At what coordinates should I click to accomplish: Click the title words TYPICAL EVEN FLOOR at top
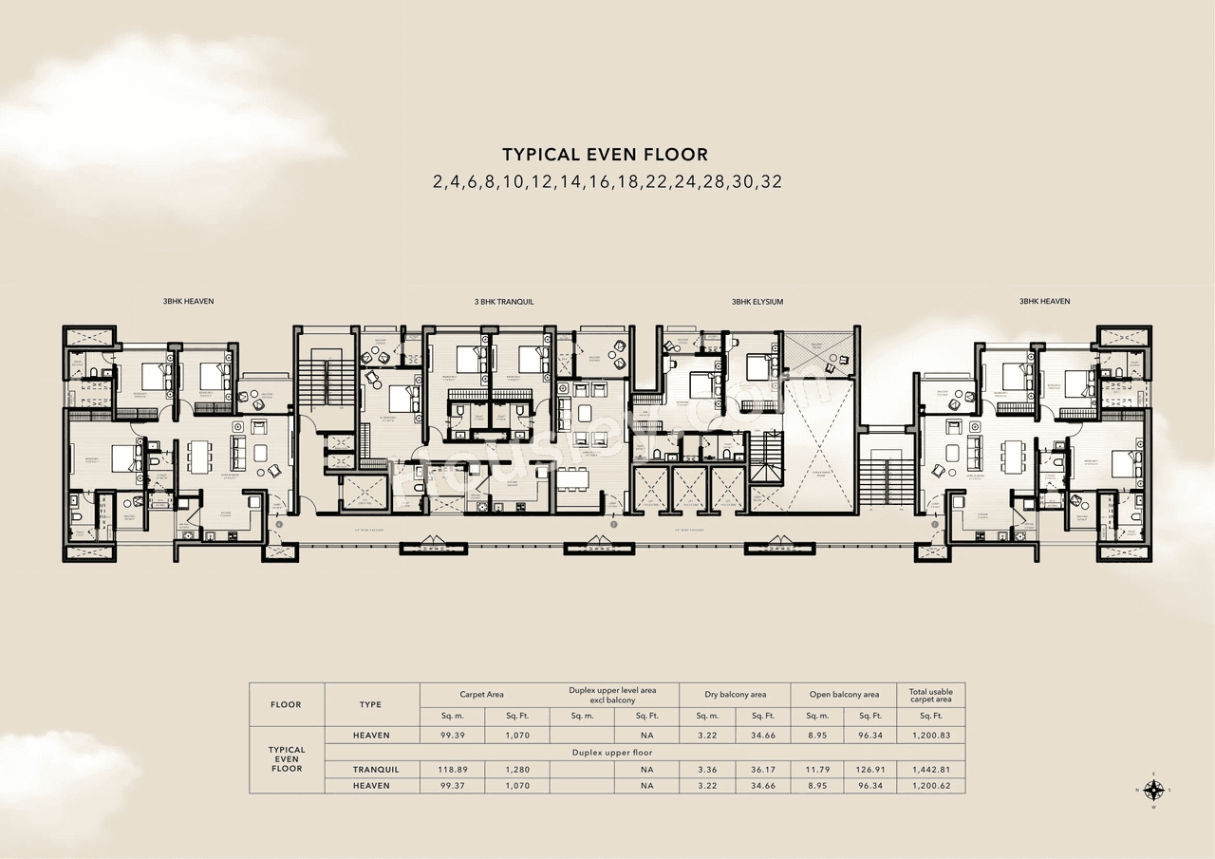605,154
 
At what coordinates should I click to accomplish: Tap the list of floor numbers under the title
607,181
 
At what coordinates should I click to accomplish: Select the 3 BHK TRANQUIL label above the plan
504,302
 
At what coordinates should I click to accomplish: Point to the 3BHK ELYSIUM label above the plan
757,302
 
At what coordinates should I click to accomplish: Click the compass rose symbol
1154,790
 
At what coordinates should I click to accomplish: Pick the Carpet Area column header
481,695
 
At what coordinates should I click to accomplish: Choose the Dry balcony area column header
735,695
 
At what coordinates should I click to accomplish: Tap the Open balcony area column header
844,695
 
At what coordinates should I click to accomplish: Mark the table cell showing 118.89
452,769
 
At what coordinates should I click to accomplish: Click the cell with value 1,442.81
930,769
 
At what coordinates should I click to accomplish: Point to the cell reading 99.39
452,736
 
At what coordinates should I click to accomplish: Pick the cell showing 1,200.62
930,786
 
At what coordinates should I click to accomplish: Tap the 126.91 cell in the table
869,769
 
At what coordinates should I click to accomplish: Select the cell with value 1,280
516,769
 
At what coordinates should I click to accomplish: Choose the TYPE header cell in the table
371,704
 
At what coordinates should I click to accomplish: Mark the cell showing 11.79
817,769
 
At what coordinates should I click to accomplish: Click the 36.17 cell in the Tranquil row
763,769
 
